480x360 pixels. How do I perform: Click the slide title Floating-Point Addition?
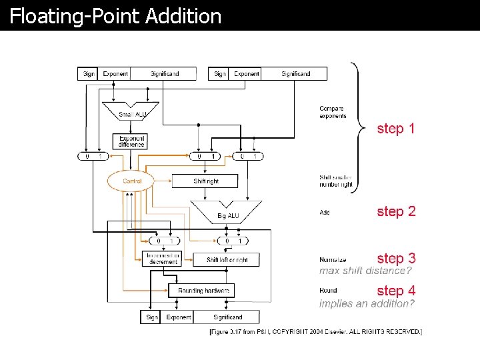[115, 16]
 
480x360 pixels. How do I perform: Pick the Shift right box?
[206, 181]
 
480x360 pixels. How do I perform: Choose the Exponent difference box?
[131, 141]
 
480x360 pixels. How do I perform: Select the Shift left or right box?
[227, 259]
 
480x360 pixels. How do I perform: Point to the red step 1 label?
[396, 128]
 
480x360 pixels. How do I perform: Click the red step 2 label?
[396, 211]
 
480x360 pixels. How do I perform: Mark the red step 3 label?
[396, 258]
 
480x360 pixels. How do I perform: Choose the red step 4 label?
[396, 291]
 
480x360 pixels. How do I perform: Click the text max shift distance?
[365, 271]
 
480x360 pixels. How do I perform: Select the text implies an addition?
[367, 303]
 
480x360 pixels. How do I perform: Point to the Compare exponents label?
[333, 112]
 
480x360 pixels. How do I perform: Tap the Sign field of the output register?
[152, 317]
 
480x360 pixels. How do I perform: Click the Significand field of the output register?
[228, 317]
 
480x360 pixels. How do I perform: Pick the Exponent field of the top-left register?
[115, 74]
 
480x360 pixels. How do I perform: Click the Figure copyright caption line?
[315, 331]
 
